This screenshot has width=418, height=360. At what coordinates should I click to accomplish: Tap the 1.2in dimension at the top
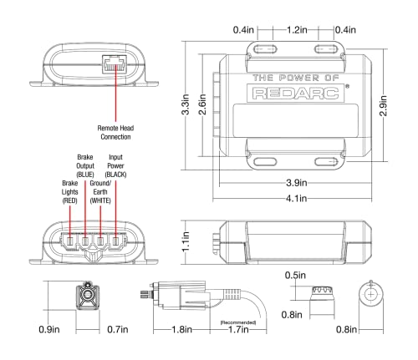click(292, 29)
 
